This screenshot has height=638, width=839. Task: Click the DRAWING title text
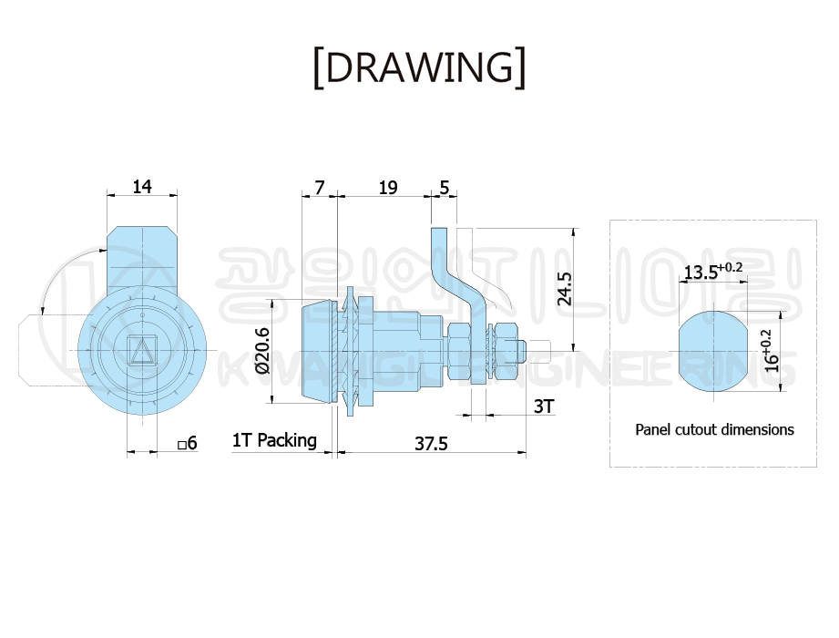pos(419,67)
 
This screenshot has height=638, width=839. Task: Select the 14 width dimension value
pos(142,187)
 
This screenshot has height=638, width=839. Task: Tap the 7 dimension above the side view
pos(320,188)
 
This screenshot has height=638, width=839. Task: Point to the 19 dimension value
pos(388,188)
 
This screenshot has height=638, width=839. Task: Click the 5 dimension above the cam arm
pos(445,188)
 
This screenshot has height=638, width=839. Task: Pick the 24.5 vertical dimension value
pos(565,289)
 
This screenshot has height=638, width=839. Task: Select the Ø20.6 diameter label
pos(262,351)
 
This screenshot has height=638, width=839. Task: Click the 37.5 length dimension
pos(431,444)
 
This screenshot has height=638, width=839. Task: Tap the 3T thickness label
pos(544,406)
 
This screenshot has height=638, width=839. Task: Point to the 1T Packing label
pos(274,440)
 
